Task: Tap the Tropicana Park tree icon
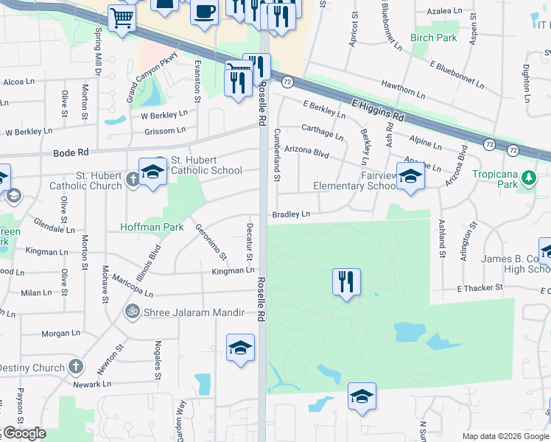[x=528, y=178]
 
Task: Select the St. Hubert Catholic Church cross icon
[x=132, y=179]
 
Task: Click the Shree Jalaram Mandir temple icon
[x=132, y=312]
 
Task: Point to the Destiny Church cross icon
[x=76, y=366]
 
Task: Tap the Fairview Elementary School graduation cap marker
[x=410, y=176]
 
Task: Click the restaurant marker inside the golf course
[x=346, y=281]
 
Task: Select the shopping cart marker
[x=121, y=18]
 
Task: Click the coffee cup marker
[x=204, y=12]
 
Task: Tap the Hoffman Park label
[x=152, y=228]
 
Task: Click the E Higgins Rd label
[x=379, y=110]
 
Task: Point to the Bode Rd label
[x=71, y=152]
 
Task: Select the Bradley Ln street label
[x=291, y=214]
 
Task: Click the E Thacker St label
[x=480, y=287]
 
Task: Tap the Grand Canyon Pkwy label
[x=152, y=76]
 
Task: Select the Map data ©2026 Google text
[x=504, y=435]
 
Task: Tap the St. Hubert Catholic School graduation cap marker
[x=152, y=172]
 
